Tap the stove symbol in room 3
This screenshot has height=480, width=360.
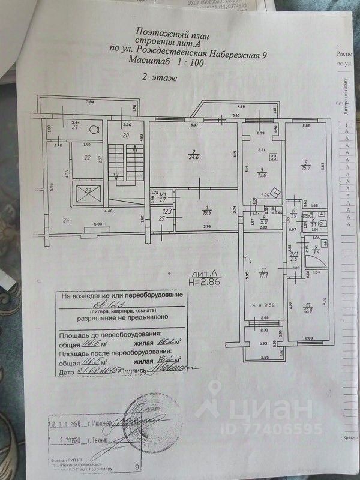tap(274, 158)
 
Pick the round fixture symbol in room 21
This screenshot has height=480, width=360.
tap(93, 128)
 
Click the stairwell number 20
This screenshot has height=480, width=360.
tap(126, 136)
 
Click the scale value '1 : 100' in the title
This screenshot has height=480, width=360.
tap(181, 62)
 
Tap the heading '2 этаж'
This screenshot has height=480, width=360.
tap(154, 78)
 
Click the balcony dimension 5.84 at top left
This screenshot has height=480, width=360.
tap(91, 102)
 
